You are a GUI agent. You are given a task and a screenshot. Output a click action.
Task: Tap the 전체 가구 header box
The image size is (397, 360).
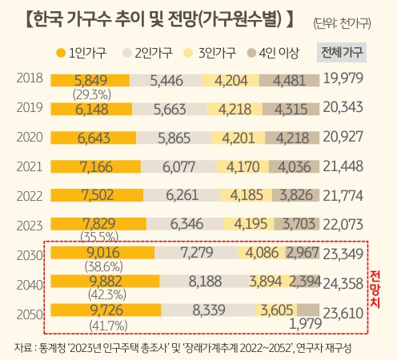coord(342,54)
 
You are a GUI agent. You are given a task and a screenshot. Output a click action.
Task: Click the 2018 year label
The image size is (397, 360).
coord(29,78)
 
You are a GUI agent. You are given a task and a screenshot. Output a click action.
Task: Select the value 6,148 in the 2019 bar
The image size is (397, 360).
coord(89,108)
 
